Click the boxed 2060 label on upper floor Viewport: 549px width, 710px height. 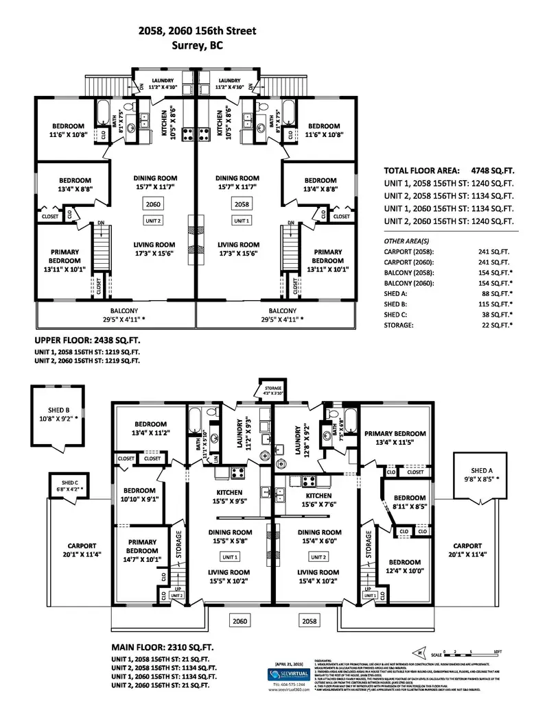pyautogui.click(x=153, y=204)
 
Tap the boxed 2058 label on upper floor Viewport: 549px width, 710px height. pyautogui.click(x=242, y=204)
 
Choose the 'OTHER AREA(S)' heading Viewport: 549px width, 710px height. pyautogui.click(x=407, y=241)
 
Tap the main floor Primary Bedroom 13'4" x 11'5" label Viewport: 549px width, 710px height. pyautogui.click(x=395, y=437)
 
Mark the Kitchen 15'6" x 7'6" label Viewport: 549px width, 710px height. pyautogui.click(x=316, y=500)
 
